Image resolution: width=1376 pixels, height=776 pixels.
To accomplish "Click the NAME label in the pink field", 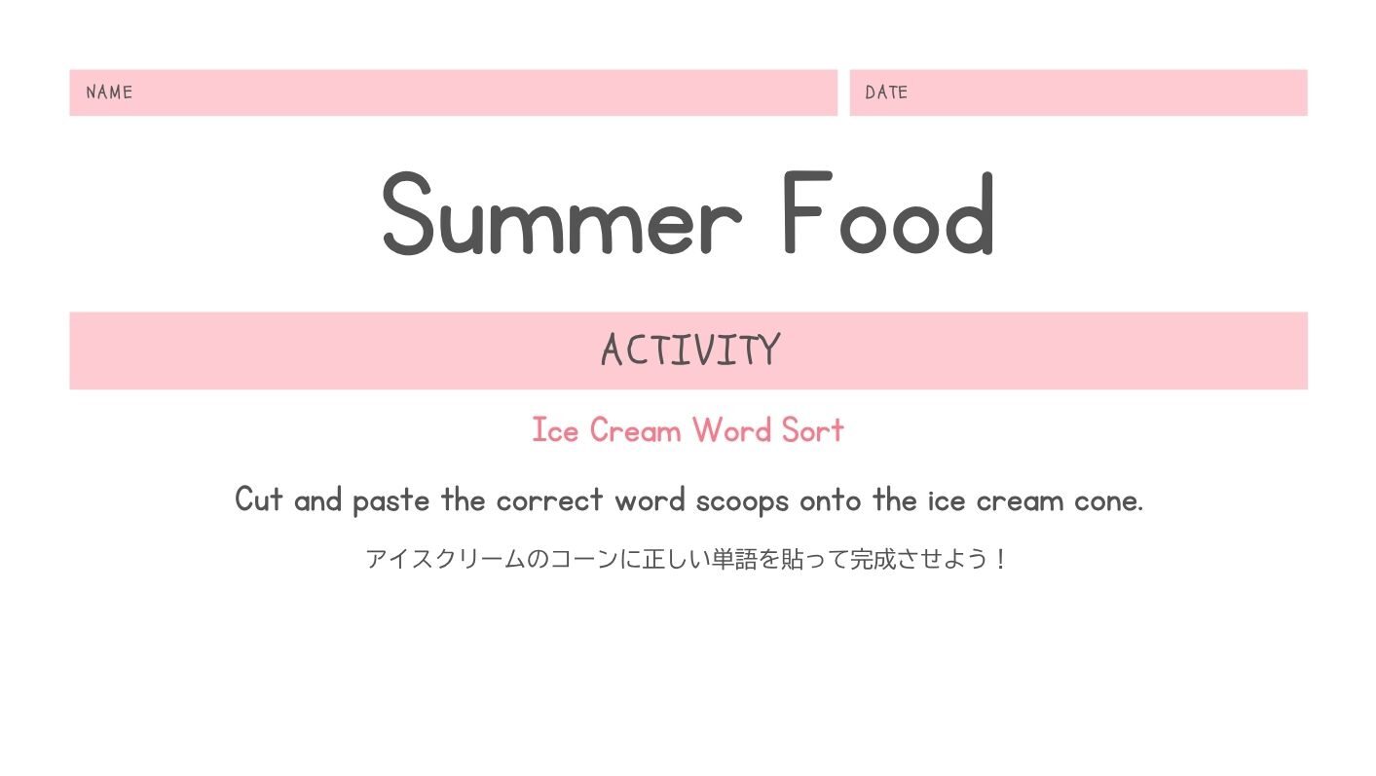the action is click(x=109, y=92).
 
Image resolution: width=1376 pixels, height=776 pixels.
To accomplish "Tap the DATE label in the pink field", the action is click(x=886, y=92).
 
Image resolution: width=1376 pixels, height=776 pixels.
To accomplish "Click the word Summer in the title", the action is click(x=562, y=212).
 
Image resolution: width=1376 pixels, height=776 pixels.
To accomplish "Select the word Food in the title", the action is click(x=889, y=212).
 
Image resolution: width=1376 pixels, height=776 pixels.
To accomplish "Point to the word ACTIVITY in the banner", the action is click(x=690, y=350).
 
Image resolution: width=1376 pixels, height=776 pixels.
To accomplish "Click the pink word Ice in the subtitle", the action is click(x=555, y=429).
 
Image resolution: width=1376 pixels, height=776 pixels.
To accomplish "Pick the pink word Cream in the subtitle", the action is click(x=635, y=429).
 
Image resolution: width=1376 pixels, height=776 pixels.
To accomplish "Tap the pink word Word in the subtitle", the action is click(x=732, y=429).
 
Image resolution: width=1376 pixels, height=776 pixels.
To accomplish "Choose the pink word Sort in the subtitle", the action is click(x=813, y=429).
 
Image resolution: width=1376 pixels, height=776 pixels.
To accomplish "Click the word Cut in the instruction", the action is click(x=259, y=499).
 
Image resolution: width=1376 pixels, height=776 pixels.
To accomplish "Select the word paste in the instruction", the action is click(x=390, y=500).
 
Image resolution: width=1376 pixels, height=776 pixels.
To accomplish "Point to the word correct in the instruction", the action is click(x=550, y=500).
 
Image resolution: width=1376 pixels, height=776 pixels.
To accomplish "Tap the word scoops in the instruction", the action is click(x=742, y=501).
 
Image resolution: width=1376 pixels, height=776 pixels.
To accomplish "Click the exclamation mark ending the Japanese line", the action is click(x=1001, y=559).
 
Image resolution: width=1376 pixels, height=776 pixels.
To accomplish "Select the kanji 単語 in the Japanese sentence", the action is click(x=734, y=559).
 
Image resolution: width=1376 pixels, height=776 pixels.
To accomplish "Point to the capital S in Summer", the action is click(x=408, y=213).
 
